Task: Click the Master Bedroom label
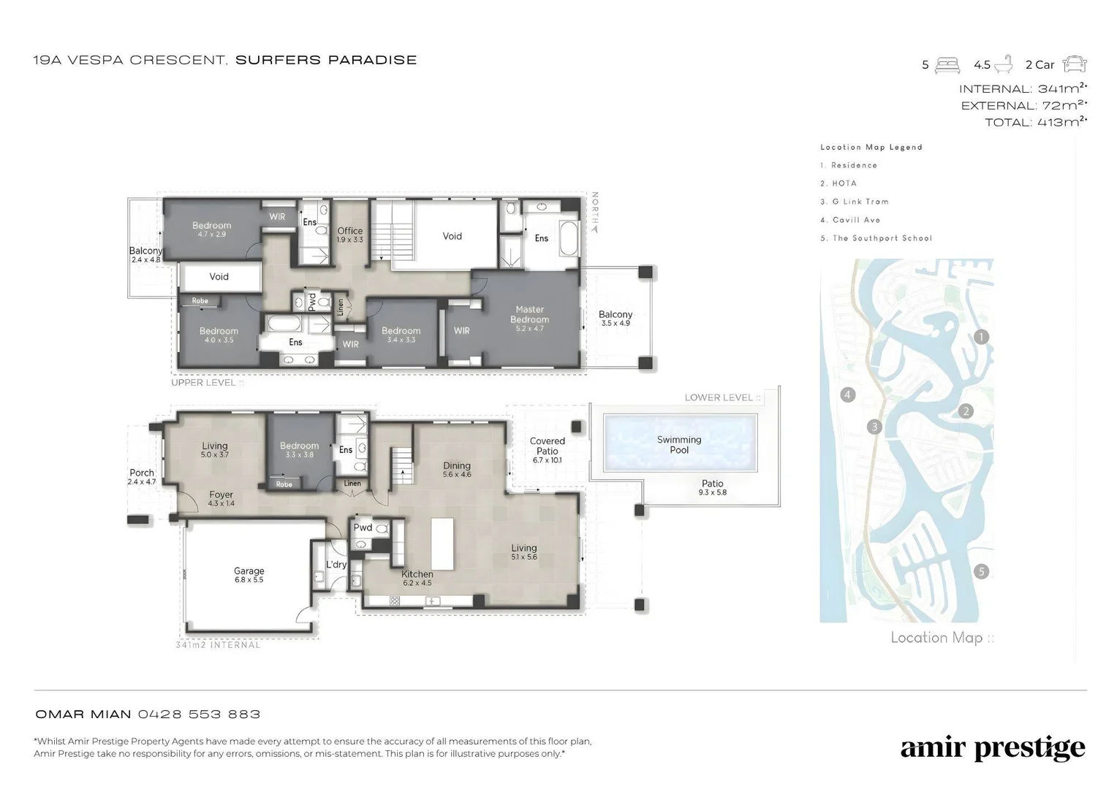click(x=529, y=314)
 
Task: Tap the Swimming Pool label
click(x=679, y=445)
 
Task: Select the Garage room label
click(x=249, y=571)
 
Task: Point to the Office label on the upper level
click(x=350, y=231)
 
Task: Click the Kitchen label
click(x=417, y=574)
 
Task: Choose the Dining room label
click(x=457, y=465)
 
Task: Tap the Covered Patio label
click(x=547, y=446)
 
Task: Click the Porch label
click(x=142, y=473)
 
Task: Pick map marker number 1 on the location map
click(x=981, y=338)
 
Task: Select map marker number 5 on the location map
click(x=981, y=572)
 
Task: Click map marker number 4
click(x=848, y=395)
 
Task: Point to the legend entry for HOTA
click(x=838, y=183)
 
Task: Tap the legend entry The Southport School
click(x=876, y=238)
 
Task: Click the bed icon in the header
click(x=947, y=65)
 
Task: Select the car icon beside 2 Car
click(x=1075, y=64)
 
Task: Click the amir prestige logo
click(x=992, y=747)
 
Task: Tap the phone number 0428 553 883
click(x=199, y=714)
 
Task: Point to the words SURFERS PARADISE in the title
click(x=326, y=60)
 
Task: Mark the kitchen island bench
click(x=442, y=544)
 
